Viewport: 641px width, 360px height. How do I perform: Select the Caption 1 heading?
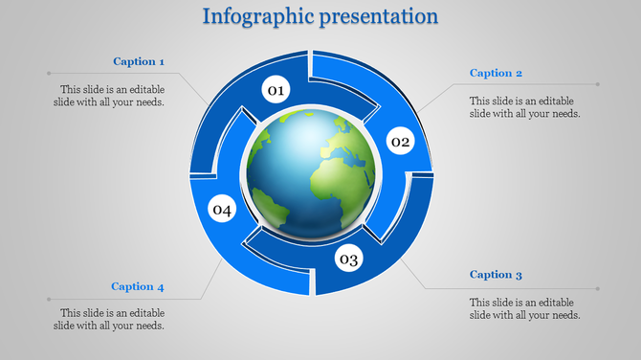(x=140, y=61)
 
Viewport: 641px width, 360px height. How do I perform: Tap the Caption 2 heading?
(x=496, y=73)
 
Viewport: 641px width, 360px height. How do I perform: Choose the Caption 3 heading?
(x=496, y=275)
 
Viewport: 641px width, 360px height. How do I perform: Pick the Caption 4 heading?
(x=138, y=286)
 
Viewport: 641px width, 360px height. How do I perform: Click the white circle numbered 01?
(x=276, y=91)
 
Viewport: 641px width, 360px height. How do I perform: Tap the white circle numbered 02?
(x=399, y=143)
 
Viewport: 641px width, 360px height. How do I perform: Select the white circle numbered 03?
(x=347, y=259)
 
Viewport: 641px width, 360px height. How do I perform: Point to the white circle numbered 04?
(x=222, y=210)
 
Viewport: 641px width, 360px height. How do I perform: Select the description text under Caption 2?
(x=525, y=106)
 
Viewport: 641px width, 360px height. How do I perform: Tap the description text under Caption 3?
(x=525, y=308)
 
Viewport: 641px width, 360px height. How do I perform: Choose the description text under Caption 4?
(x=113, y=319)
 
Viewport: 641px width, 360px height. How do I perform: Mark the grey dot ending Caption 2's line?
(x=599, y=84)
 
